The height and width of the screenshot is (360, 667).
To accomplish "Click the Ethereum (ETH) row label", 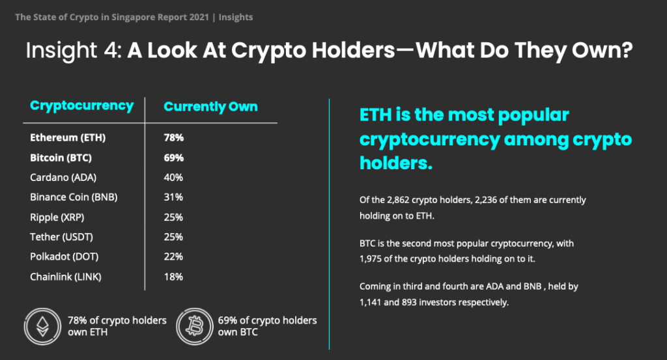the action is coord(68,138).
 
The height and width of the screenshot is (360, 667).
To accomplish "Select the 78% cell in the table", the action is coord(173,138).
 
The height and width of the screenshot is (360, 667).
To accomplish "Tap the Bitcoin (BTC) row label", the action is coord(61,158).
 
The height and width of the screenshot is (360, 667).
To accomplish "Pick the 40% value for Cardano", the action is coord(173,177).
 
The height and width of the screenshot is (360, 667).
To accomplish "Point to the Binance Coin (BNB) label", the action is coord(74,197).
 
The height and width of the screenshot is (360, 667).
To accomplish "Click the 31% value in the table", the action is coord(173,197).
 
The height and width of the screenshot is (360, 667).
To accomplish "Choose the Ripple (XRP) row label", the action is coord(57,217).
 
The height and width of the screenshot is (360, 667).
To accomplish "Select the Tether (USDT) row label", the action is coord(61,237).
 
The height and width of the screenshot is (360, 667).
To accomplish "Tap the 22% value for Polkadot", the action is coord(173,256).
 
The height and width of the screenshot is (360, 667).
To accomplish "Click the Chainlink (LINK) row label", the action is coord(66,277).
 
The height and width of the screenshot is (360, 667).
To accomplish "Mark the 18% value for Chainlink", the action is coord(173,277).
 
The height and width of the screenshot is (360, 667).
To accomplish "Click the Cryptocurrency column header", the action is coord(81,106).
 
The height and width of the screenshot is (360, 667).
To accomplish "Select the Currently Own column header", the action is coord(210,106).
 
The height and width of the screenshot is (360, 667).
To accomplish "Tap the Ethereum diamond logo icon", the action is coord(42,326).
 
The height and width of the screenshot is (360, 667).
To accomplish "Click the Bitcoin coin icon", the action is coord(194,326).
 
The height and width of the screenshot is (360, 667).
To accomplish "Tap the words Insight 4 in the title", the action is coord(74,50).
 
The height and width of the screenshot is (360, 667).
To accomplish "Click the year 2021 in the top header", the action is coord(199,18).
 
